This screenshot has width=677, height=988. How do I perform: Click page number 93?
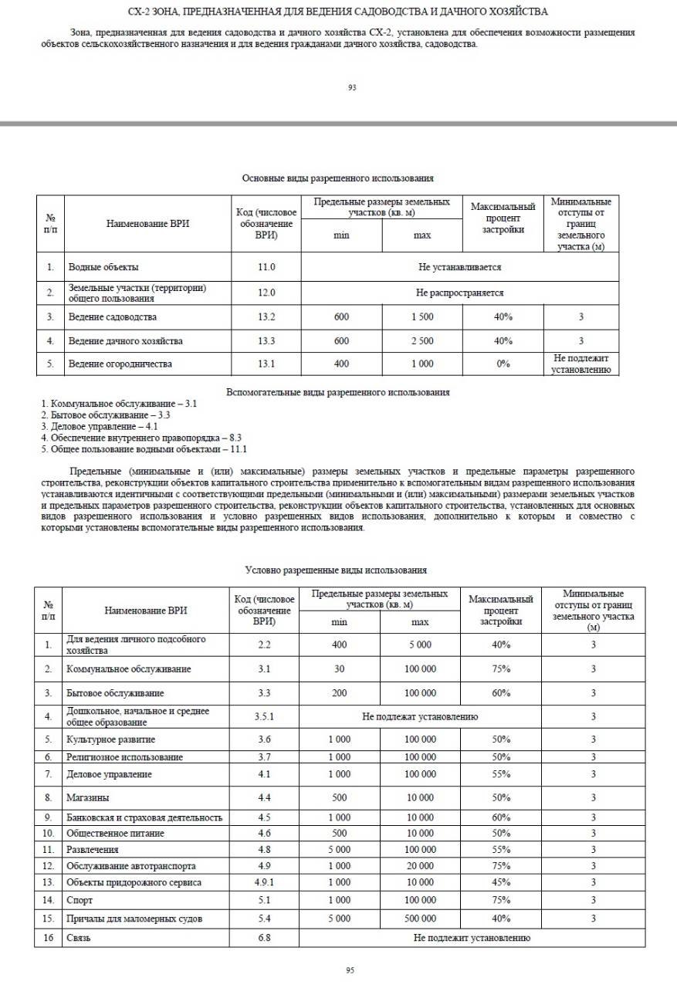[x=352, y=88]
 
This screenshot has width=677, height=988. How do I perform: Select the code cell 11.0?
[x=266, y=267]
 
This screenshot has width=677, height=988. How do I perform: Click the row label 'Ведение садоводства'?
[x=113, y=317]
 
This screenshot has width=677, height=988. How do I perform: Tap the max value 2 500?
[x=421, y=340]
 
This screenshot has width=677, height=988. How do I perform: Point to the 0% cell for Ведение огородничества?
[x=503, y=364]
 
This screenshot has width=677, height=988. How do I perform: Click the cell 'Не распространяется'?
[x=459, y=293]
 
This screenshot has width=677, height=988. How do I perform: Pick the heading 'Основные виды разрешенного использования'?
[x=337, y=178]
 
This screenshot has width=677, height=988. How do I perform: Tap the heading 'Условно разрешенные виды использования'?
[x=336, y=570]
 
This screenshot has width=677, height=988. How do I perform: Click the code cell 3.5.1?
[x=265, y=717]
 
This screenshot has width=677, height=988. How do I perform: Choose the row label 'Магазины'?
[x=88, y=797]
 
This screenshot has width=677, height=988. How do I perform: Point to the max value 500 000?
[x=420, y=919]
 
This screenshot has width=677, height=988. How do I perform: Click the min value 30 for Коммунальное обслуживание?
[x=339, y=668]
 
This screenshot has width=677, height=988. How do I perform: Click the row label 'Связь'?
[x=80, y=938]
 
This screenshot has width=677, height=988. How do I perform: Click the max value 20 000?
[x=420, y=865]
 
